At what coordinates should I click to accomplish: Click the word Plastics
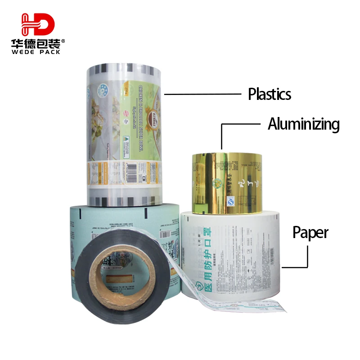coord(269,94)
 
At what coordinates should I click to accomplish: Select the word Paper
coord(310,233)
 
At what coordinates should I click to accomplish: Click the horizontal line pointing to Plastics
coord(202,94)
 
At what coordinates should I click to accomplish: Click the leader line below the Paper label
coord(307,256)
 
